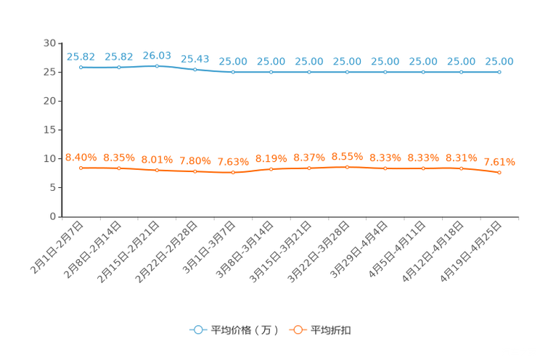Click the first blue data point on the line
pos(81,67)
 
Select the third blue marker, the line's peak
pos(157,66)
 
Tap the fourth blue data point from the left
pos(195,70)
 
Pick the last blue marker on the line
pos(499,72)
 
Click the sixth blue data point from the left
pos(271,72)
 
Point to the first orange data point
pos(81,168)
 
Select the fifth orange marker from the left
pos(233,173)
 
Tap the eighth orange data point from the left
pos(348,166)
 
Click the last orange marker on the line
pos(499,172)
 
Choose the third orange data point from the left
pos(157,170)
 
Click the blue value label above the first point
pos(81,56)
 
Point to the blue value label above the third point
pos(157,54)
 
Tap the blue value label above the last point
pos(499,61)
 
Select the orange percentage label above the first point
pos(81,157)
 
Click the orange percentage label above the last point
pos(500,161)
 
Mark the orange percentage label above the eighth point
pos(347,155)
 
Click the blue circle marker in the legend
pos(198,330)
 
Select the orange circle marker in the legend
pos(298,330)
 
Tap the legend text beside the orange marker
pos(332,330)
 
